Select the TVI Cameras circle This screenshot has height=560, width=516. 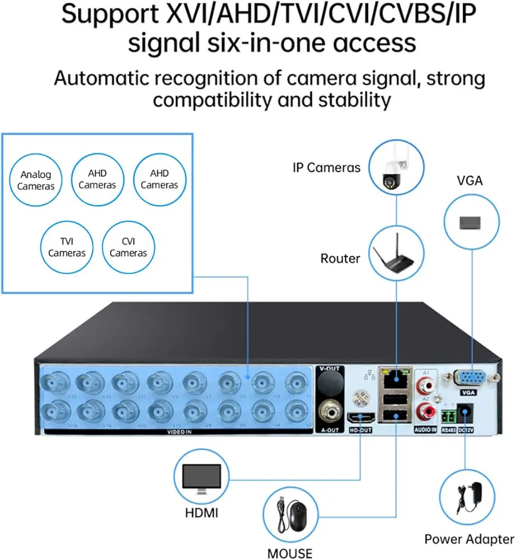point(67,247)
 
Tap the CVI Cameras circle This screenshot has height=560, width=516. point(128,247)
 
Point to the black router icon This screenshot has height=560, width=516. point(397,257)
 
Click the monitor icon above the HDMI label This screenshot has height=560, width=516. point(202,479)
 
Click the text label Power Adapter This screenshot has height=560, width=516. point(469,539)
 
